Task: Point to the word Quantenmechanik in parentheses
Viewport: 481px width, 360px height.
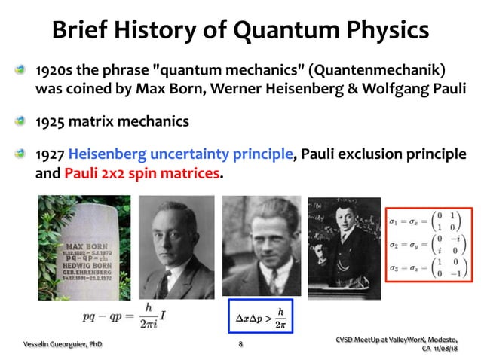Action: (x=380, y=71)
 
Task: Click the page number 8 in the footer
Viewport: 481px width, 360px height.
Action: (x=240, y=344)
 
